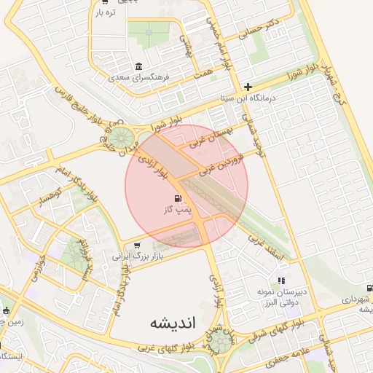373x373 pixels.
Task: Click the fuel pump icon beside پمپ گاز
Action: tap(178, 198)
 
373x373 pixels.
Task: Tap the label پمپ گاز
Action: tap(178, 210)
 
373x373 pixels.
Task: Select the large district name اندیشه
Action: tap(155, 322)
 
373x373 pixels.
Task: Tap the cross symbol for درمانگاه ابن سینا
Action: tap(248, 87)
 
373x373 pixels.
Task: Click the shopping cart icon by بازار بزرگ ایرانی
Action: tap(137, 246)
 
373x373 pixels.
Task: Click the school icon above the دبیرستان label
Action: tap(281, 280)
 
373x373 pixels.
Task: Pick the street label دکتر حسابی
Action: tap(263, 28)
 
